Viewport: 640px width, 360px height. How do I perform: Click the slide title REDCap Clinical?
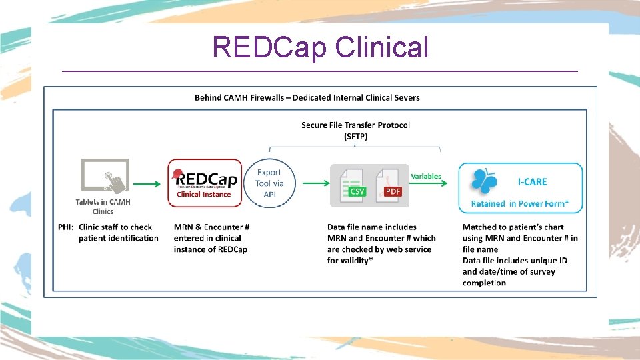pyautogui.click(x=320, y=47)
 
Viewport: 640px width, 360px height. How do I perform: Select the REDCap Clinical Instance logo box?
pyautogui.click(x=205, y=183)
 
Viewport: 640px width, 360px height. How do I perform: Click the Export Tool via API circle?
pyautogui.click(x=269, y=183)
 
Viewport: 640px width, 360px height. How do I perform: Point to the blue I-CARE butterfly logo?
pyautogui.click(x=484, y=181)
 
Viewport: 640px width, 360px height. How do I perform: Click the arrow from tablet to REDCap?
pyautogui.click(x=147, y=183)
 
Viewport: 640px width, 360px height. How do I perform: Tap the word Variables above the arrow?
pyautogui.click(x=426, y=176)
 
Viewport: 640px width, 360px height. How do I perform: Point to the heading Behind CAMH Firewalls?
pyautogui.click(x=307, y=97)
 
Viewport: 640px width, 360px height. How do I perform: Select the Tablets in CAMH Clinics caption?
pyautogui.click(x=103, y=206)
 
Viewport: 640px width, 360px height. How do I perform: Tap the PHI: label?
pyautogui.click(x=66, y=227)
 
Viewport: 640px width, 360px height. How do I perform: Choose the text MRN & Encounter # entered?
pyautogui.click(x=211, y=227)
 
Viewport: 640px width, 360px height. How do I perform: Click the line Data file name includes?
pyautogui.click(x=372, y=227)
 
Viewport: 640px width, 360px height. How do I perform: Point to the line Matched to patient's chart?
pyautogui.click(x=513, y=227)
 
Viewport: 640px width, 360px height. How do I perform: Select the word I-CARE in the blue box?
pyautogui.click(x=532, y=181)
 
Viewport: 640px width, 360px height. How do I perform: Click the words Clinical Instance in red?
pyautogui.click(x=204, y=195)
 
